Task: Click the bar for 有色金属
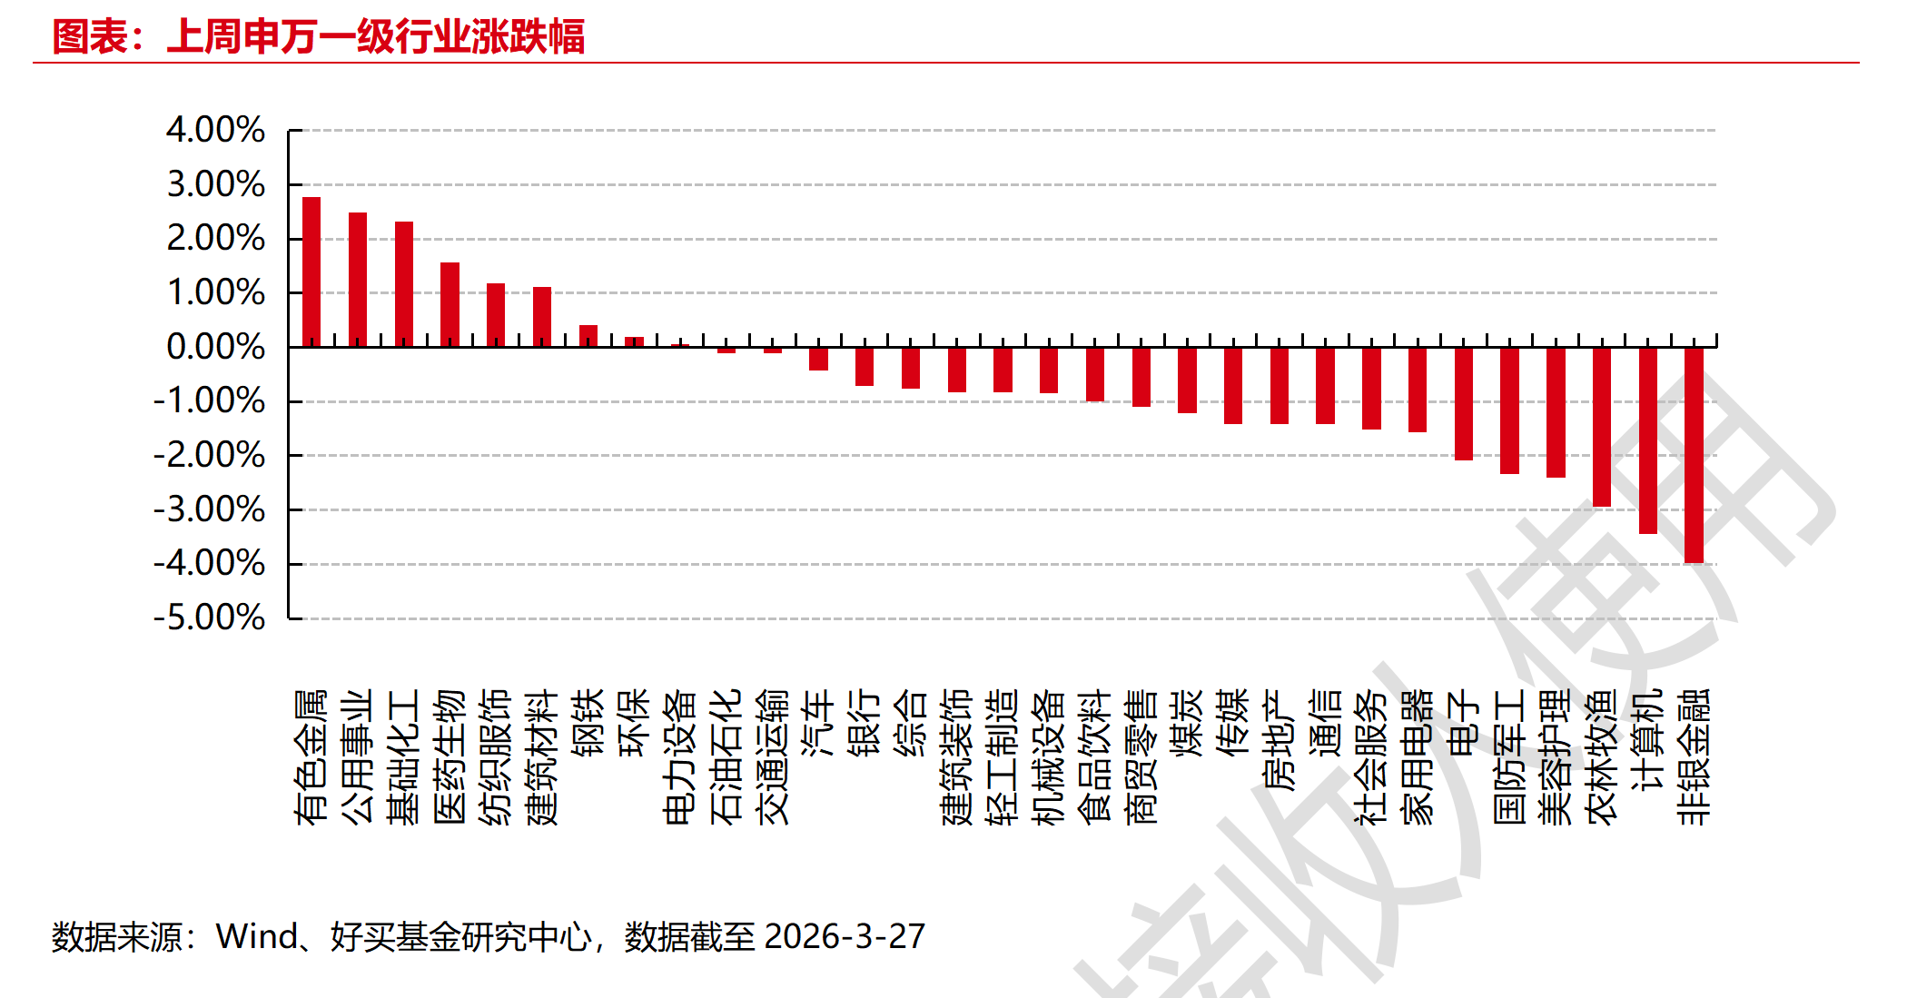[x=311, y=272]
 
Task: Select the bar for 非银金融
[x=1694, y=455]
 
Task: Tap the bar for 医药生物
[x=450, y=304]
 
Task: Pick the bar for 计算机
[x=1647, y=440]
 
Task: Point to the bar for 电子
[x=1463, y=403]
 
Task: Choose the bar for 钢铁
[x=588, y=336]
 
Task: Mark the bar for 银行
[x=865, y=367]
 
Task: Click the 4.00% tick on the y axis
[x=215, y=130]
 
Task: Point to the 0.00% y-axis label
[x=215, y=347]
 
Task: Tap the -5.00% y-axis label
[x=209, y=618]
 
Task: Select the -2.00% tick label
[x=209, y=455]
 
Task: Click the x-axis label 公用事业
[x=358, y=756]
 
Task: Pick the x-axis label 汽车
[x=818, y=723]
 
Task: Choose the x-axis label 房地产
[x=1279, y=740]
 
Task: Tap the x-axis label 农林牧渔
[x=1601, y=756]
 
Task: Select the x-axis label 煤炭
[x=1187, y=723]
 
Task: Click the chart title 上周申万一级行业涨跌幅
[x=376, y=37]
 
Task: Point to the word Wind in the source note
[x=257, y=936]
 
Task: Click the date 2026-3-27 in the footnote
[x=845, y=936]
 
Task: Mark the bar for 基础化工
[x=404, y=284]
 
